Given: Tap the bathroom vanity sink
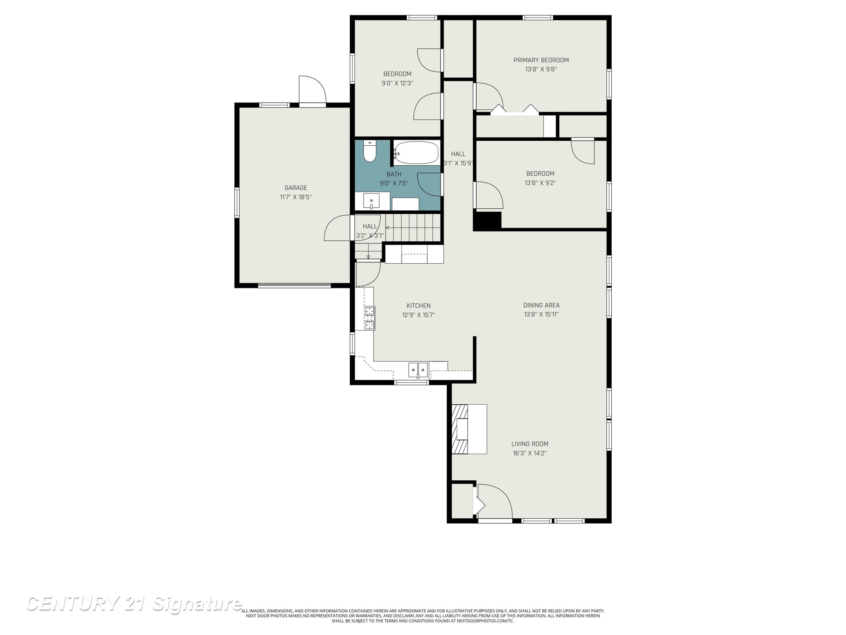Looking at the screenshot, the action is point(371,201).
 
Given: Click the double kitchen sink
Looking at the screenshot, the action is point(418,370).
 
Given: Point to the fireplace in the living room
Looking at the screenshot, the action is point(469,429).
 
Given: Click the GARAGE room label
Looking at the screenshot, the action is point(296,188).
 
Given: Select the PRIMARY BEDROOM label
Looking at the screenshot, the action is point(541,60).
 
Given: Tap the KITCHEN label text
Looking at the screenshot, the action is point(418,305).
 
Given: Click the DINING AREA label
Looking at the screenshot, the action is point(541,305).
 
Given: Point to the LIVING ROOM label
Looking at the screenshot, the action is point(530,444).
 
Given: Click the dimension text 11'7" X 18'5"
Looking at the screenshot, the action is point(296,197).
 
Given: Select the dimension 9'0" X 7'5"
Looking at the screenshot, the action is point(394,183).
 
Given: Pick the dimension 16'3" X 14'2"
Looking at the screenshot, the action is point(530,453).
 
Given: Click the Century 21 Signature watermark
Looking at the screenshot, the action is point(134,604).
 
